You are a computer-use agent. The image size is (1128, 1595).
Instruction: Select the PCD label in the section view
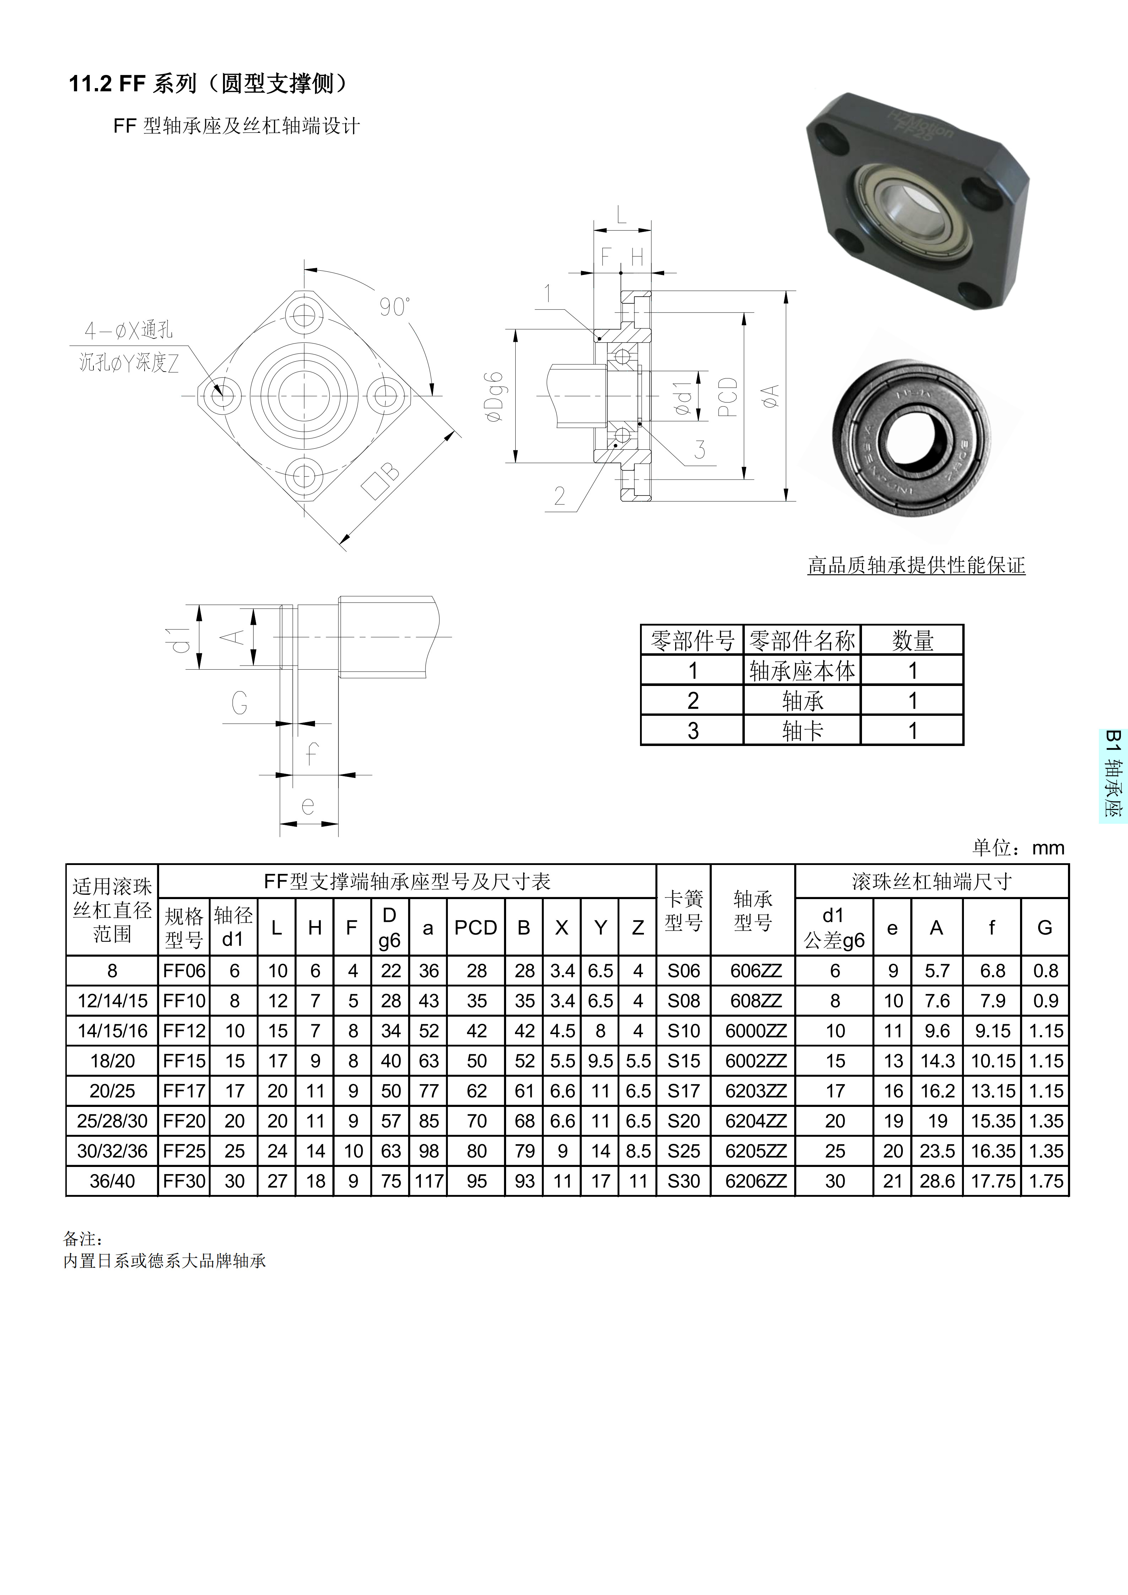pyautogui.click(x=727, y=397)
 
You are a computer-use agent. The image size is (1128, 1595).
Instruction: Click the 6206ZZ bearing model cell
pyautogui.click(x=756, y=1181)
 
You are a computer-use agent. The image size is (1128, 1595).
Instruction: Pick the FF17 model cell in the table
pyautogui.click(x=184, y=1091)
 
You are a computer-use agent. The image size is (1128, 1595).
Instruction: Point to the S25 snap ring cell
pyautogui.click(x=683, y=1151)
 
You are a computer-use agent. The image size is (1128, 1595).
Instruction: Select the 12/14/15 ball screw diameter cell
pyautogui.click(x=113, y=1001)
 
